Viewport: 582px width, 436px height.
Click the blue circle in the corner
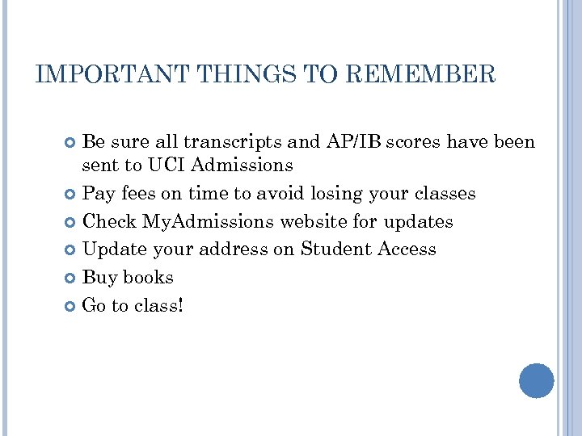click(536, 380)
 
